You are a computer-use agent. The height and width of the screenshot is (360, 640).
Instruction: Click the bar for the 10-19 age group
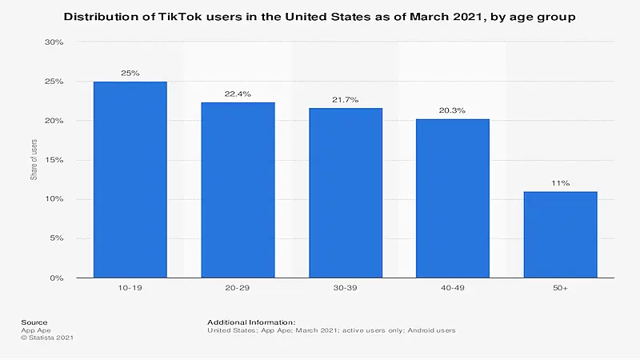click(x=130, y=179)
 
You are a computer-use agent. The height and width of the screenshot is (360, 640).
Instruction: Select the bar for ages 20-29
click(x=238, y=190)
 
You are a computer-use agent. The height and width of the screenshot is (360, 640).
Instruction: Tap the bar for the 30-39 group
click(x=346, y=193)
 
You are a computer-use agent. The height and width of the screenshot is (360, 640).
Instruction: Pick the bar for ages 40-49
click(x=453, y=198)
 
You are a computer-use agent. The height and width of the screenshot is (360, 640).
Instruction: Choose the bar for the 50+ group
click(x=560, y=234)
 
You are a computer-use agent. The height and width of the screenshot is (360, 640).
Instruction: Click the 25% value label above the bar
click(x=130, y=73)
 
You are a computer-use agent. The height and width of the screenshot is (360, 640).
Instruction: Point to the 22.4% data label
click(x=238, y=94)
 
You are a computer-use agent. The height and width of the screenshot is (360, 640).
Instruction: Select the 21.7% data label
click(x=346, y=99)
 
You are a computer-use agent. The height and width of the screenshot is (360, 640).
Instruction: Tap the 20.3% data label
click(x=453, y=110)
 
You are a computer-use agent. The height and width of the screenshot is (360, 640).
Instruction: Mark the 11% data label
click(x=560, y=183)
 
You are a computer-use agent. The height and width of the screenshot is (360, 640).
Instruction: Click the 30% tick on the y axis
click(x=53, y=42)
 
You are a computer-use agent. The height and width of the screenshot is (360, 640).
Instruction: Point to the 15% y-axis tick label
click(x=53, y=160)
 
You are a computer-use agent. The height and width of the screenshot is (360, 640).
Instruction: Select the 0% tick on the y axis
click(x=55, y=278)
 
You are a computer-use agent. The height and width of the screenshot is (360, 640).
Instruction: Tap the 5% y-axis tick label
click(x=55, y=238)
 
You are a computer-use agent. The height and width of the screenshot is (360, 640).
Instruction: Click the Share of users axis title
click(x=34, y=160)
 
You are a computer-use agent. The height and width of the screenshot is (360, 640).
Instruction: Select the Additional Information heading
click(x=251, y=322)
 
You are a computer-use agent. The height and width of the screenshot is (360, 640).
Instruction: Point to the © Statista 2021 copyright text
click(x=47, y=338)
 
